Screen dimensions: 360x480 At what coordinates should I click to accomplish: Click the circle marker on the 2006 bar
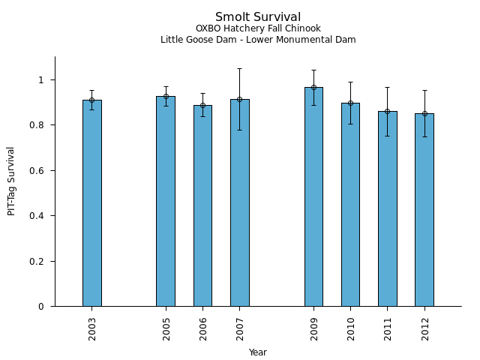pos(202,105)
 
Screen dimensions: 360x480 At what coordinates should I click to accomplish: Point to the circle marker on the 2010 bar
pos(350,103)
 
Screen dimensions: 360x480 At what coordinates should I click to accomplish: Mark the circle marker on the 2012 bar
pos(424,114)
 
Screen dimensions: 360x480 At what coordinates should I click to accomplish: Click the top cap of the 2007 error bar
pos(240,69)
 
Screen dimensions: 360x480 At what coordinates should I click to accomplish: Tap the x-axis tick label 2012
pos(425,329)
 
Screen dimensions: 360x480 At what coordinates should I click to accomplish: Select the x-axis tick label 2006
pos(203,329)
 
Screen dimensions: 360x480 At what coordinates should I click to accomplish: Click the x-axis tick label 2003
pos(92,329)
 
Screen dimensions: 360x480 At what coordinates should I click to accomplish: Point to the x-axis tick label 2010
pos(351,329)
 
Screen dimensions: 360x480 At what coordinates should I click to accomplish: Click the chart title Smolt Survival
pos(258,17)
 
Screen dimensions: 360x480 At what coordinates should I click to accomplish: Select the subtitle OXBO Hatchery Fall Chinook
pos(258,29)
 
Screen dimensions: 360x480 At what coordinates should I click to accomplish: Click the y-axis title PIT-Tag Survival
pos(11,181)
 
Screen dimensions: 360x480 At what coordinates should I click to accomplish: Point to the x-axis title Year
pos(258,352)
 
